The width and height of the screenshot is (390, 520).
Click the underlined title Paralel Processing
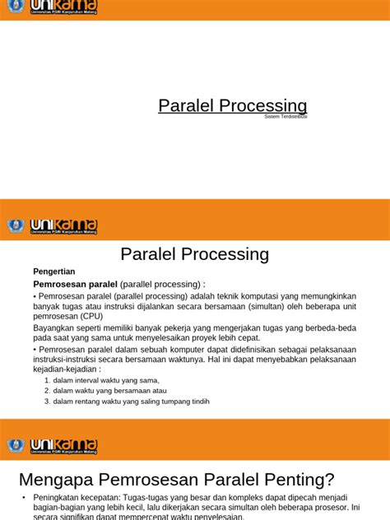(232, 106)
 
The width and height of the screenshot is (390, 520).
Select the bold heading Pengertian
(54, 272)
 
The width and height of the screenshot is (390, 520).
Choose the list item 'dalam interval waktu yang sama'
(106, 381)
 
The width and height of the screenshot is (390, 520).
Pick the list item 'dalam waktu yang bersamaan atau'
(109, 391)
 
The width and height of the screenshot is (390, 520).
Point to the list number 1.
(47, 381)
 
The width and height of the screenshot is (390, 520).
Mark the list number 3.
(47, 402)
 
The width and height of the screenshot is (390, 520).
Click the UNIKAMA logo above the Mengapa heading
(64, 446)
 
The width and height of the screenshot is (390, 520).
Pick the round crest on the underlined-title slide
(15, 9)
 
